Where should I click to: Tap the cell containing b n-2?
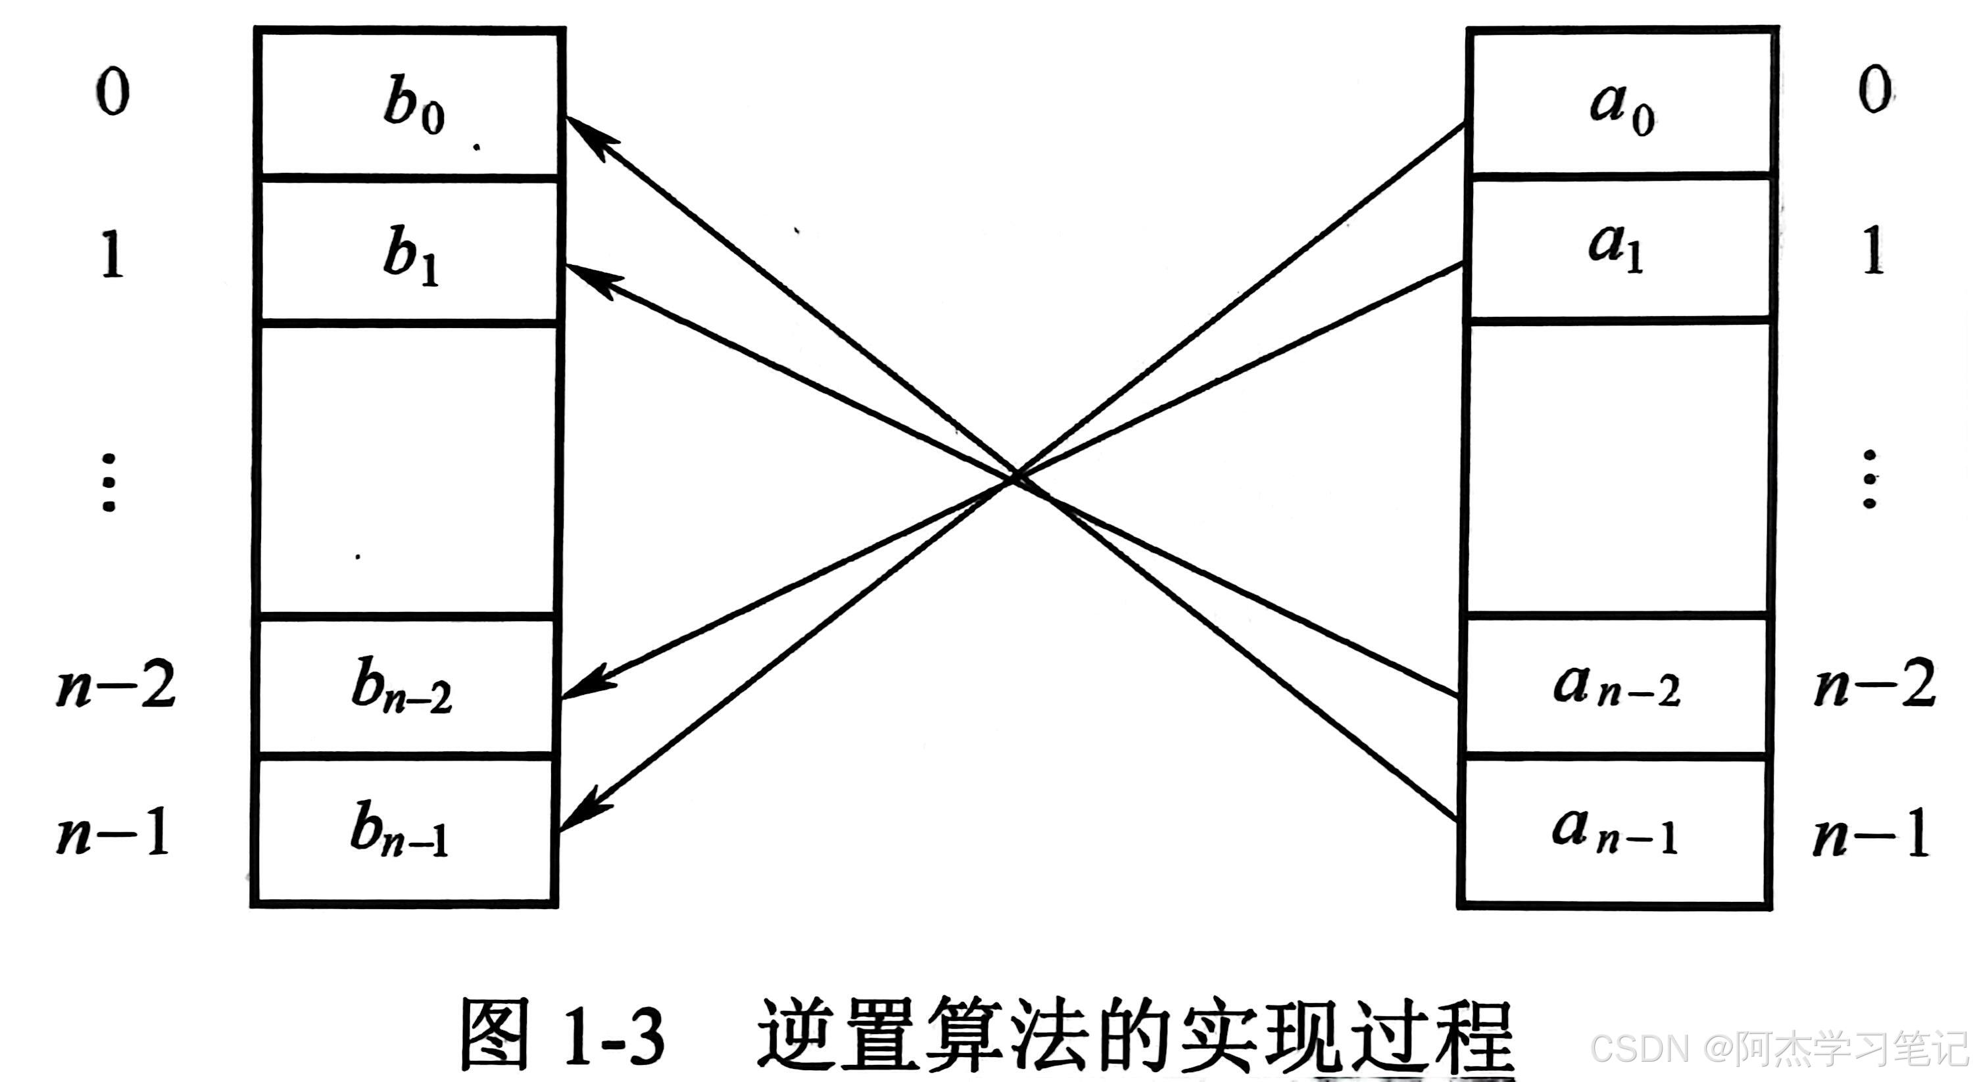tap(404, 686)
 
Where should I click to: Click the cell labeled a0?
tap(1621, 103)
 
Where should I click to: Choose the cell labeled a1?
tap(1618, 249)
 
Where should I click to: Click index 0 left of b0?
tap(113, 92)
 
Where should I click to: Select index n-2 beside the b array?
tap(116, 684)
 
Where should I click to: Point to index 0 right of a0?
tap(1875, 90)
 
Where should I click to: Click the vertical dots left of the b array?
tap(109, 483)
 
